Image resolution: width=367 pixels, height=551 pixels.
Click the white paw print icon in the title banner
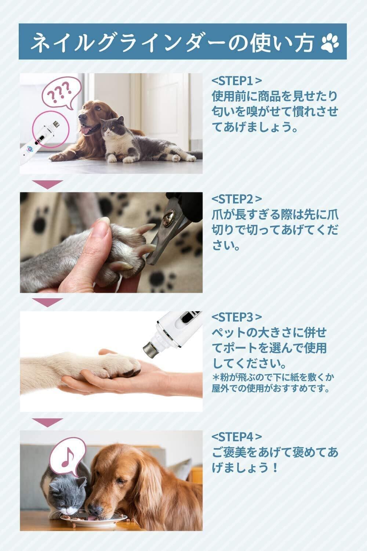point(330,43)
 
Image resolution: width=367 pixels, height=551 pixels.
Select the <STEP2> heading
point(236,199)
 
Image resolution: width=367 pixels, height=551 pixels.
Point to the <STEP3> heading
point(236,317)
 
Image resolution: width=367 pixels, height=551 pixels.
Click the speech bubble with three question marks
point(61,93)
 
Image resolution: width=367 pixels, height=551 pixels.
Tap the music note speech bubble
point(68,457)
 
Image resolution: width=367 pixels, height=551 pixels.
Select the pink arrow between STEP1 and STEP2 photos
point(47,184)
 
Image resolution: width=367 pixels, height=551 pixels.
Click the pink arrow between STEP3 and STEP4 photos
point(47,422)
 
